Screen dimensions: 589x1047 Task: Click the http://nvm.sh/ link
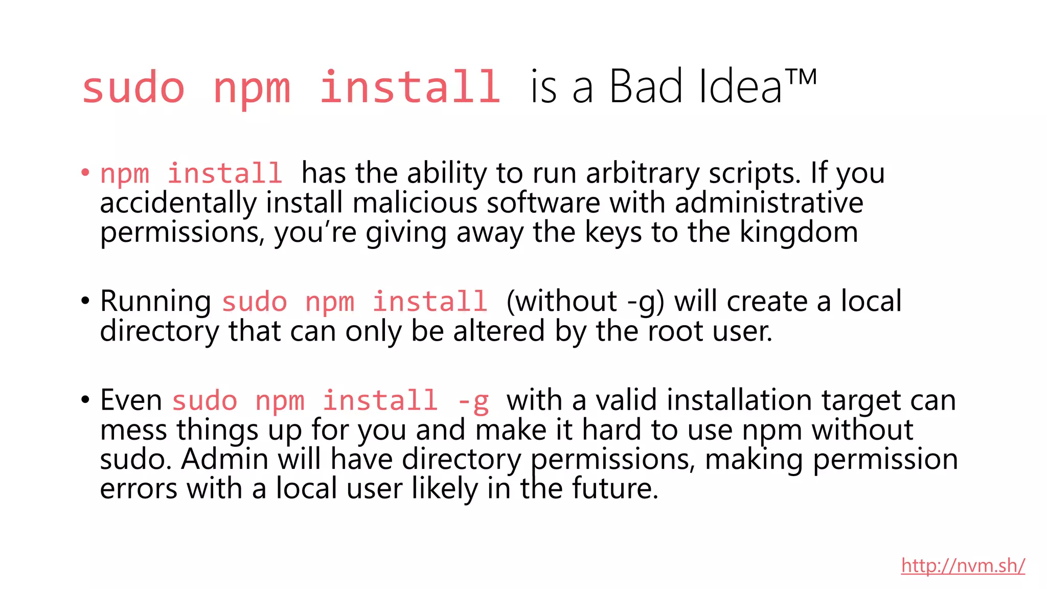tap(963, 565)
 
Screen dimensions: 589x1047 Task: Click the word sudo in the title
tap(133, 88)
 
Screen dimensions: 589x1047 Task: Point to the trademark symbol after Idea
tap(801, 77)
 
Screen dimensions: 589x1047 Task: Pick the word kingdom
tap(799, 232)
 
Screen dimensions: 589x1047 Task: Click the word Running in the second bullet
tap(155, 301)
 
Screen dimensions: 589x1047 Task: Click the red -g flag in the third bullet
tap(473, 401)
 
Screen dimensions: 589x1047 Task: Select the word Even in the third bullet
tap(131, 400)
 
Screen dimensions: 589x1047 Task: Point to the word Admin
tap(224, 459)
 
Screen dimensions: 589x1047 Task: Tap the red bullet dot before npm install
tap(85, 172)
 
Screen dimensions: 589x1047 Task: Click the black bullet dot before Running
tap(85, 301)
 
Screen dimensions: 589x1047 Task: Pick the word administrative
tap(769, 203)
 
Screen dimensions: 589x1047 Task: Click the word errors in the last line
tap(139, 488)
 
